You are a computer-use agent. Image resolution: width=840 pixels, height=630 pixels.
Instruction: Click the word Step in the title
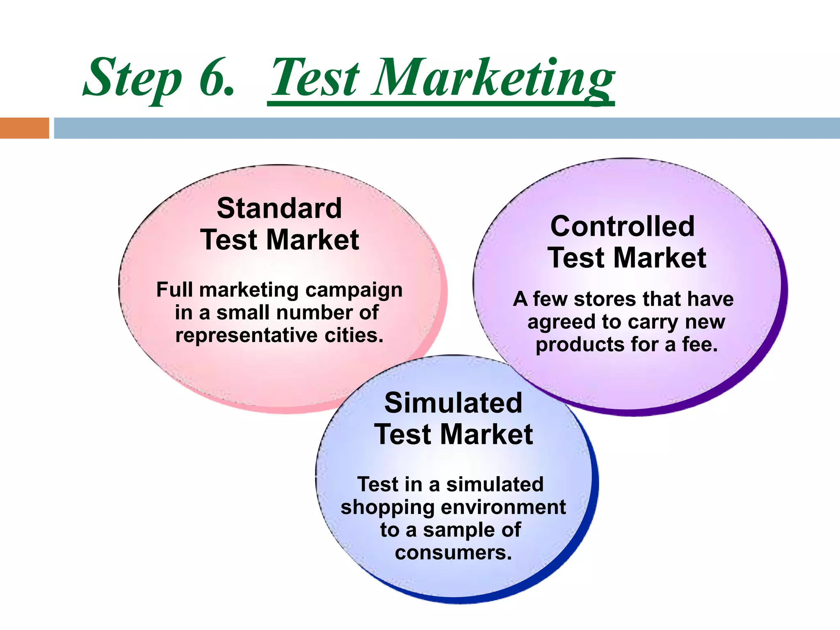point(132,78)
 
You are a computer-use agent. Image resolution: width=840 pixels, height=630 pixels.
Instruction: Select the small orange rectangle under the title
point(24,128)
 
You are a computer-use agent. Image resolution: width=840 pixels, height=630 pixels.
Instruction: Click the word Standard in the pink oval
point(279,208)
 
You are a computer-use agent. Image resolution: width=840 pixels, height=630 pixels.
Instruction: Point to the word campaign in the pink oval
point(354,290)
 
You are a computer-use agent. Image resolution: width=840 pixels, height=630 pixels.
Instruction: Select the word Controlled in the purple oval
point(622,226)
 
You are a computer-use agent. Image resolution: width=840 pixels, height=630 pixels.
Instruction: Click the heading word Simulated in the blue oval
point(453,403)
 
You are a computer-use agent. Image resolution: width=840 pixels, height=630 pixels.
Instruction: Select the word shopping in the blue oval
point(384,508)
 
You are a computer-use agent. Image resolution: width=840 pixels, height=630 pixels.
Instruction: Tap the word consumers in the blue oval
point(453,552)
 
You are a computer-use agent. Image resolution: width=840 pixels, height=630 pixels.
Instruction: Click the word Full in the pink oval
point(174,290)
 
